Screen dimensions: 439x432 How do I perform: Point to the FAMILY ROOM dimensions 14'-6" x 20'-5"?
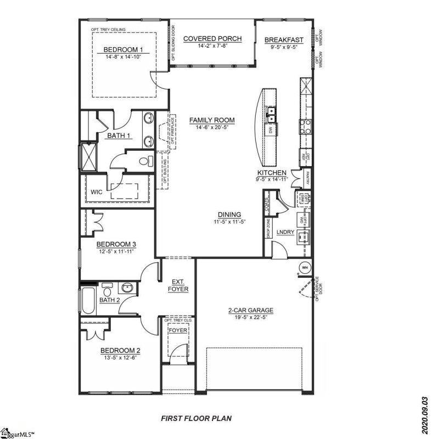(212, 127)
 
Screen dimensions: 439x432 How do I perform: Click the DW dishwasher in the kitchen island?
(271, 130)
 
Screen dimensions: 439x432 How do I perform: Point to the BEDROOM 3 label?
(116, 244)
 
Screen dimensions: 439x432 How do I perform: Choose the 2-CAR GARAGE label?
(251, 310)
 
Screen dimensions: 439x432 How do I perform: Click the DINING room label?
(228, 215)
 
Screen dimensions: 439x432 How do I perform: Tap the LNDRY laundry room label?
(285, 233)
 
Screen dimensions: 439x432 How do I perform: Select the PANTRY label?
(308, 178)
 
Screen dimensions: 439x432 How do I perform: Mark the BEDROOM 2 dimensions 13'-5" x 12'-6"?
(119, 357)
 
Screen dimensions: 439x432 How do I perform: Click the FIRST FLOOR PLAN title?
(196, 418)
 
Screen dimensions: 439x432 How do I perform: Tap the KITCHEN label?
(272, 172)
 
